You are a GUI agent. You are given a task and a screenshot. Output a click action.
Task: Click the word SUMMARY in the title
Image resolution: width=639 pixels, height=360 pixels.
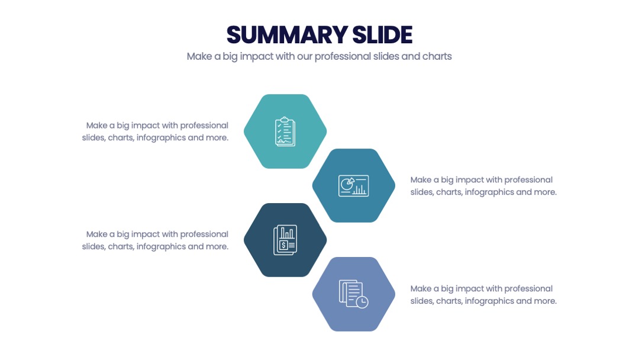[x=287, y=35]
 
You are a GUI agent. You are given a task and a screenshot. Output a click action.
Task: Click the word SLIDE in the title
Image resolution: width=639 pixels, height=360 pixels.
[x=382, y=35]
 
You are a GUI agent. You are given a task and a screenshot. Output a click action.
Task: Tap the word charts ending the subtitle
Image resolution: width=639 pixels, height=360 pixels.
[x=437, y=56]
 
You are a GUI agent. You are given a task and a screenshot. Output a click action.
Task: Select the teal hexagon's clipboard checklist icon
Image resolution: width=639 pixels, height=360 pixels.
[x=285, y=131]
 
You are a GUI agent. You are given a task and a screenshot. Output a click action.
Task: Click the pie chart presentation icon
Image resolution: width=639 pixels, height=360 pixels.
[x=353, y=185]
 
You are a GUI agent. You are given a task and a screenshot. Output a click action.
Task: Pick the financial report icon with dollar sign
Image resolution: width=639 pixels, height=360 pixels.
[x=285, y=240]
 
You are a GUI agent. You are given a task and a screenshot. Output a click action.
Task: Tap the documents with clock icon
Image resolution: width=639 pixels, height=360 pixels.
[x=353, y=294]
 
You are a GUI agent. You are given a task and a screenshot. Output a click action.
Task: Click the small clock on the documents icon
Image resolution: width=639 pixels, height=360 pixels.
[x=362, y=302]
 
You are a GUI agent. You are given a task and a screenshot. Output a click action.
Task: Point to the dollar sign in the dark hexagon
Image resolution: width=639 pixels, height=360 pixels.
[x=283, y=246]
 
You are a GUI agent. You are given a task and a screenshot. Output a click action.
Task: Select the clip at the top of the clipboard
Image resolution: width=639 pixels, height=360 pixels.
[x=285, y=120]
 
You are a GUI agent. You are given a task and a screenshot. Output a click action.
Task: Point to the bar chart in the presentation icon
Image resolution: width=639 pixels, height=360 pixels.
[x=360, y=189]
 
